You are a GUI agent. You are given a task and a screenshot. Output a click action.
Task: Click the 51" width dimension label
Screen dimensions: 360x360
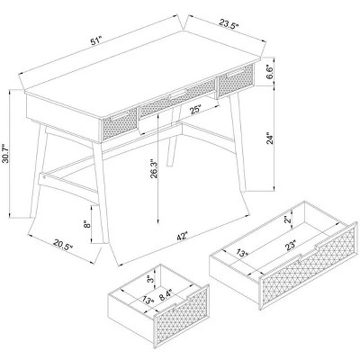pos(96,41)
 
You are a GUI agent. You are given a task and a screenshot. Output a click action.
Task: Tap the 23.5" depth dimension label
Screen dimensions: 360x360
pos(229,23)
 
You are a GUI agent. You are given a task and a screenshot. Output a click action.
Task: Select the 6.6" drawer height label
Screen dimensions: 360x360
pos(270,72)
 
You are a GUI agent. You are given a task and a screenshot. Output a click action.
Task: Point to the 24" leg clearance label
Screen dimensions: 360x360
pos(270,138)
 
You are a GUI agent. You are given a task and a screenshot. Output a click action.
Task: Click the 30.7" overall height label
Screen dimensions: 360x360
pos(5,153)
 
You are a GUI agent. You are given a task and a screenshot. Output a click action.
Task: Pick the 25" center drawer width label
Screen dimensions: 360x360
pos(195,110)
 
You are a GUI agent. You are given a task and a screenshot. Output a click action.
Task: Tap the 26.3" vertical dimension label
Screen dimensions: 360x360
pos(154,168)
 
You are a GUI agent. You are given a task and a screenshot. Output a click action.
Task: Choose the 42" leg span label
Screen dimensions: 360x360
pos(182,236)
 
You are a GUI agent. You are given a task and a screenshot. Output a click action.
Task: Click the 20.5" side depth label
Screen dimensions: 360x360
pos(63,244)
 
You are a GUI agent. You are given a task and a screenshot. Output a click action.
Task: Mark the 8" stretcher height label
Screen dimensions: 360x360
pos(86,224)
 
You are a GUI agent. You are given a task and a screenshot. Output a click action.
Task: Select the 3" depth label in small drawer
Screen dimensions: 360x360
pos(150,280)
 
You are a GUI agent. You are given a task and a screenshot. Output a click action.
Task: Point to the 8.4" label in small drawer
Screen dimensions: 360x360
pos(166,294)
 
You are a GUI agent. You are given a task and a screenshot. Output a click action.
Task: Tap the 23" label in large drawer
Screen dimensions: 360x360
pos(291,245)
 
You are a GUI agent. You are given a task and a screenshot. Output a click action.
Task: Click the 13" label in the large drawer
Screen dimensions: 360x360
pos(242,253)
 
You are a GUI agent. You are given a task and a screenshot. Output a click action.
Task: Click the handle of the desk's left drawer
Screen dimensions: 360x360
pos(119,115)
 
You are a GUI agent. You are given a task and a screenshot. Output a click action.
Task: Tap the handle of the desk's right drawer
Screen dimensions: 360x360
pos(236,73)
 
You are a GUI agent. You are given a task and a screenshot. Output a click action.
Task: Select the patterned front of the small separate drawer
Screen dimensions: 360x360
pos(182,316)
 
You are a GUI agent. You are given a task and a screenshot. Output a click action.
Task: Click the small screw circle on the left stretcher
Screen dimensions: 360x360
pos(44,176)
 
